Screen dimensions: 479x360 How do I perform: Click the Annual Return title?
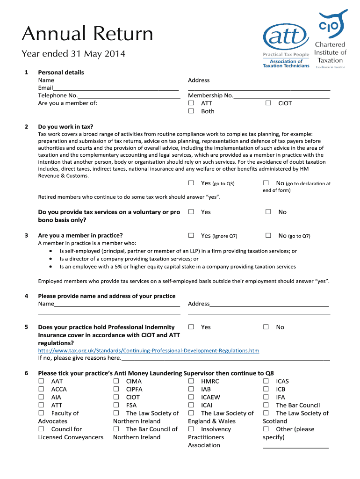point(87,34)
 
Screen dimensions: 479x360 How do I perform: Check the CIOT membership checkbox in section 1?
point(268,103)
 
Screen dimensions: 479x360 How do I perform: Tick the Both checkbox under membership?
point(191,111)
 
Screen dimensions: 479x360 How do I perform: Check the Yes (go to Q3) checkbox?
point(191,183)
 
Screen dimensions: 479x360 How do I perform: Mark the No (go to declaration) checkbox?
point(266,183)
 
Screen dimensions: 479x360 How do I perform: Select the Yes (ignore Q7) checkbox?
point(191,236)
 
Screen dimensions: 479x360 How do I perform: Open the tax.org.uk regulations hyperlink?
point(148,350)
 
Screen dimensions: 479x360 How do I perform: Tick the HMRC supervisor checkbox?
point(191,381)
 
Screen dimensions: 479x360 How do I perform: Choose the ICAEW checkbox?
point(191,397)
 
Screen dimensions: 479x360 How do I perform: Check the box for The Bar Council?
point(266,405)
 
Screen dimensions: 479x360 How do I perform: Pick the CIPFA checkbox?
point(116,389)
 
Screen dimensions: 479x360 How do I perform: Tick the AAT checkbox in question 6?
point(41,381)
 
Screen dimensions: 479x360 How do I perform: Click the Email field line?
point(115,88)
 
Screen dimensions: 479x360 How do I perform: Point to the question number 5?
point(27,327)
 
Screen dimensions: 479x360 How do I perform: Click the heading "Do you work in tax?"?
point(65,127)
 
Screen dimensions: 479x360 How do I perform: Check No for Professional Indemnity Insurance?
point(266,327)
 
